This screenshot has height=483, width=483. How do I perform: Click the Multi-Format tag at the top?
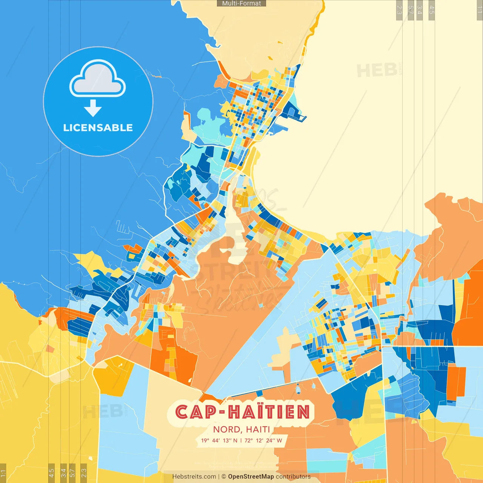[241, 3]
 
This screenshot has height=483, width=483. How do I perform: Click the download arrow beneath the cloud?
[93, 108]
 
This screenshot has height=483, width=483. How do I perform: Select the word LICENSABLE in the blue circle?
[98, 128]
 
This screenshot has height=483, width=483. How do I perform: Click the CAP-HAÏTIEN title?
[242, 412]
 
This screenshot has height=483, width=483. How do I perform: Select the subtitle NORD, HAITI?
[241, 429]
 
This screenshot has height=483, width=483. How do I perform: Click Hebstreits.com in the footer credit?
[194, 477]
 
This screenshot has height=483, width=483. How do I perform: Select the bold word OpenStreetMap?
[251, 477]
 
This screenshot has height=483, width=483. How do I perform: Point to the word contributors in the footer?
[293, 477]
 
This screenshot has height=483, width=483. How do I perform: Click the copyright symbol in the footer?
[223, 477]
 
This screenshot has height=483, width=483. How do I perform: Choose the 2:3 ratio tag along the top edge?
[399, 10]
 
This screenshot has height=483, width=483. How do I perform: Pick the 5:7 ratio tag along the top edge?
[411, 10]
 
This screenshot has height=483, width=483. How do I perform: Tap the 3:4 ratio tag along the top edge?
[420, 10]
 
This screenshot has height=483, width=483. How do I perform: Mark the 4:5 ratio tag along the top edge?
[432, 10]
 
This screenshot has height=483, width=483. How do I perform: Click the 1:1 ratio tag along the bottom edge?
[3, 473]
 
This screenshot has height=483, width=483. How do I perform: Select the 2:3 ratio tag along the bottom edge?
[84, 473]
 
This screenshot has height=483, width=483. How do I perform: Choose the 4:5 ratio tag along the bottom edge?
[51, 473]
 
